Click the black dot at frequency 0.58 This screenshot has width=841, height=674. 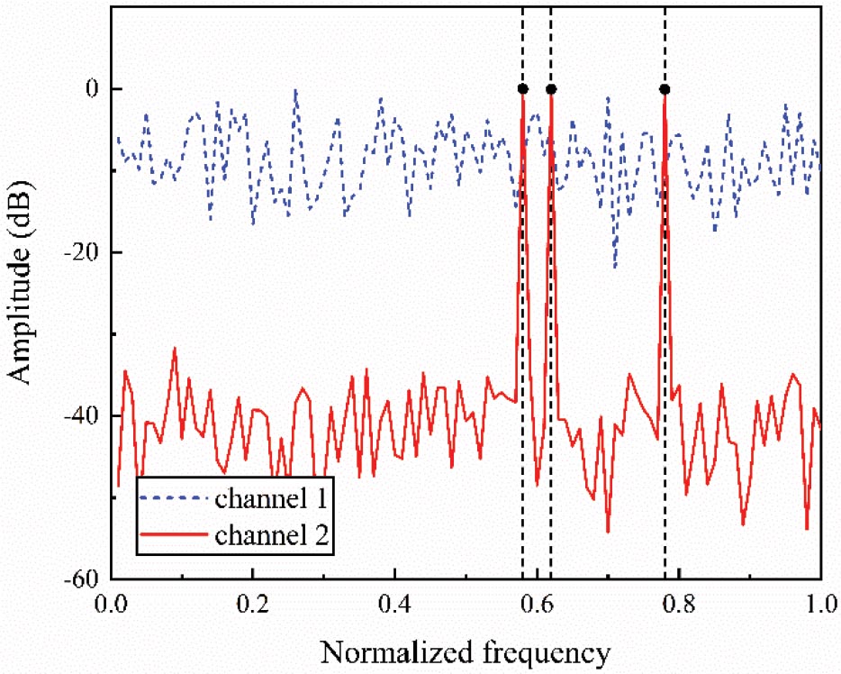click(x=522, y=88)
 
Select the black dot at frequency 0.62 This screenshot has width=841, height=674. click(x=551, y=88)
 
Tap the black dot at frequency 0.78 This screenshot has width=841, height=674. click(x=665, y=88)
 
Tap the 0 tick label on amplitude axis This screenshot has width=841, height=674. click(x=91, y=88)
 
